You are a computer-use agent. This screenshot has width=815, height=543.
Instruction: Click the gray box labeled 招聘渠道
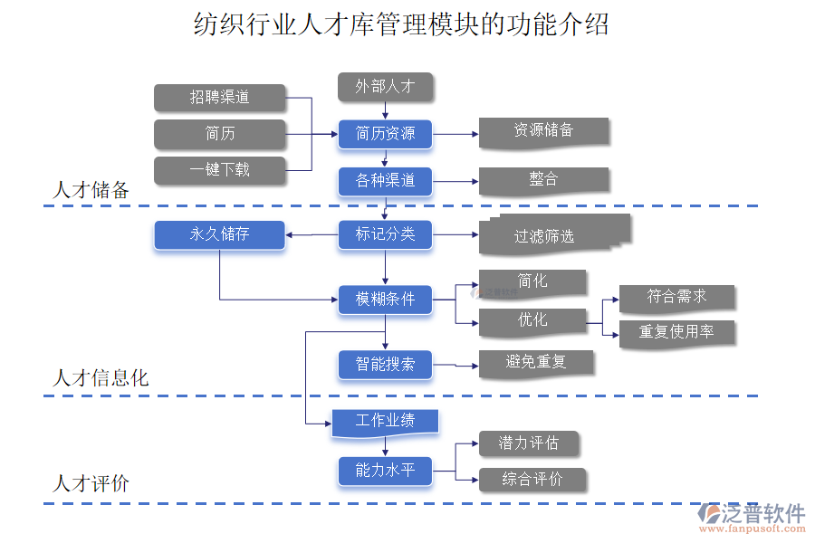click(x=220, y=97)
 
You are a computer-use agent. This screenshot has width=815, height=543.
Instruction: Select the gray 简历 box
click(x=220, y=134)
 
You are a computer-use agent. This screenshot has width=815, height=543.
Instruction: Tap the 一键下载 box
click(x=220, y=169)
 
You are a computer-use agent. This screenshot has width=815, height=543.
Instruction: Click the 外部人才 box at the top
click(x=385, y=87)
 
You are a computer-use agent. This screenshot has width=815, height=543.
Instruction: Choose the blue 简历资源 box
click(x=385, y=134)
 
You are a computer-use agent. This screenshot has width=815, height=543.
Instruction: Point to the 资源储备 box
click(x=543, y=131)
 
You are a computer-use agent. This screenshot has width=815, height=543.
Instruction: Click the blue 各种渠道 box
click(x=385, y=181)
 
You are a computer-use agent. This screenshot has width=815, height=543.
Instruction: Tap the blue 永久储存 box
click(x=220, y=235)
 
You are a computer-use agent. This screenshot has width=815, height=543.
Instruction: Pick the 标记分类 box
click(x=385, y=235)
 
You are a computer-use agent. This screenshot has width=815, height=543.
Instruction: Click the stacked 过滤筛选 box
click(x=549, y=235)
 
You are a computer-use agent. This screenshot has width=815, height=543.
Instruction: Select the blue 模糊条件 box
click(x=385, y=300)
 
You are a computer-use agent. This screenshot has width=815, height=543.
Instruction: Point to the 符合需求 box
click(x=676, y=297)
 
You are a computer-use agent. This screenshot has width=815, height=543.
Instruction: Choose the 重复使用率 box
click(x=676, y=332)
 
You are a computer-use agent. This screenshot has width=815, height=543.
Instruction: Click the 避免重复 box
click(x=536, y=363)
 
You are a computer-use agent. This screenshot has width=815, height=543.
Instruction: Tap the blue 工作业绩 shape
click(x=385, y=422)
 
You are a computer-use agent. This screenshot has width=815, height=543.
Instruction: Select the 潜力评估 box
click(x=528, y=443)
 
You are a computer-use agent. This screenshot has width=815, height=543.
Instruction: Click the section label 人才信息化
click(x=101, y=378)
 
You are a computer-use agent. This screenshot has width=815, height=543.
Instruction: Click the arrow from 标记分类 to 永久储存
click(x=312, y=235)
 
